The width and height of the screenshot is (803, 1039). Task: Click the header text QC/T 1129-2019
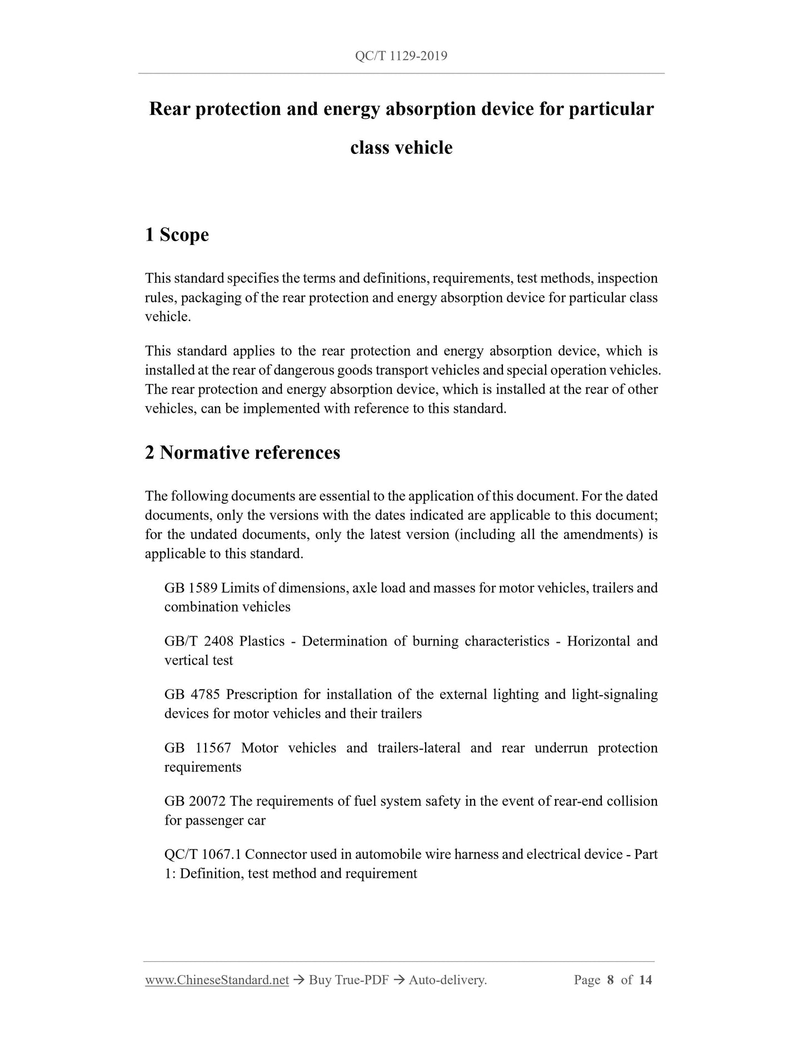click(x=401, y=56)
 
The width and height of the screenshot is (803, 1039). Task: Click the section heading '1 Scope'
click(x=177, y=235)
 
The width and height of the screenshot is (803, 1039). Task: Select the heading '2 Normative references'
click(x=242, y=453)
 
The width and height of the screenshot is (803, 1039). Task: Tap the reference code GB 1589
click(x=191, y=588)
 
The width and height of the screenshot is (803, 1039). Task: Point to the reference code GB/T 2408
click(x=197, y=641)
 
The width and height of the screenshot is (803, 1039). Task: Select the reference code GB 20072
click(x=195, y=801)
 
